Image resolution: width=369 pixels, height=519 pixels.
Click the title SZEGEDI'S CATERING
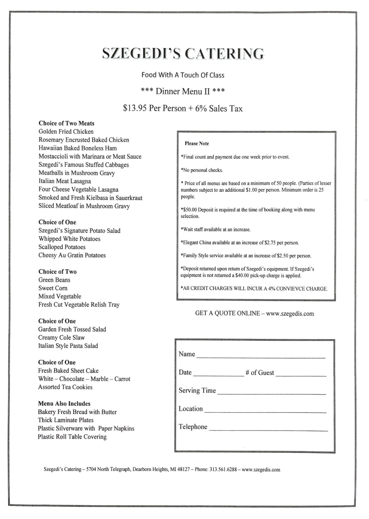(x=183, y=53)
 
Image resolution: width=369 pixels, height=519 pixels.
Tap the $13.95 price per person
(x=135, y=108)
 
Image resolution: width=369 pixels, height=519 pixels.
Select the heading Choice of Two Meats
(x=66, y=123)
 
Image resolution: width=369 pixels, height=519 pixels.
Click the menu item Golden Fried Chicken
(x=66, y=132)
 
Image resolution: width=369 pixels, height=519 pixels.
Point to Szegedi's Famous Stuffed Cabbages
(x=84, y=165)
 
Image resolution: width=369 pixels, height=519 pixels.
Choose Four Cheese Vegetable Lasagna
(x=78, y=189)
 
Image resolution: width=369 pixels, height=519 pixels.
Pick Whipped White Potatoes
(x=69, y=239)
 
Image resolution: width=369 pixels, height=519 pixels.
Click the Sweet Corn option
(x=53, y=288)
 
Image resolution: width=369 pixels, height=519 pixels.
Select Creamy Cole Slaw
(x=61, y=338)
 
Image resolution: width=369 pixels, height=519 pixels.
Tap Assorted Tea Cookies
(x=65, y=387)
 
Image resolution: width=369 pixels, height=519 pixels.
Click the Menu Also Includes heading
(x=64, y=404)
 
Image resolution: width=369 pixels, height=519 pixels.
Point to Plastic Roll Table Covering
(x=72, y=437)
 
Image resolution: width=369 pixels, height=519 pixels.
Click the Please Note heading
(x=197, y=143)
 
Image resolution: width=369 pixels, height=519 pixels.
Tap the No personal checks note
(x=202, y=170)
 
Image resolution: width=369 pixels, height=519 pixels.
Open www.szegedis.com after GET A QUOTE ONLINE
(x=290, y=314)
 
